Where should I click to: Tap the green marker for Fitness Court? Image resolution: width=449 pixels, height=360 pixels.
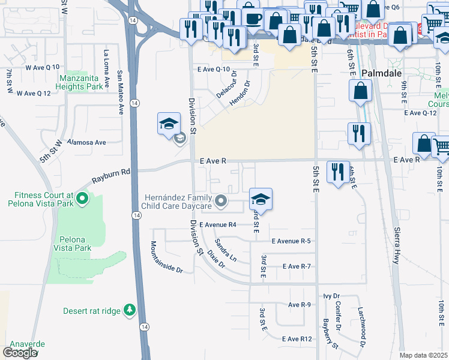(x=82, y=197)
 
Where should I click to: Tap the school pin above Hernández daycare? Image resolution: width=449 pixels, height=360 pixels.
(x=261, y=199)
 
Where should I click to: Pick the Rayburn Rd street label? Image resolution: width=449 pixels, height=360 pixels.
(x=111, y=176)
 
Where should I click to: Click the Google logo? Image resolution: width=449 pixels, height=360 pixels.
(x=20, y=353)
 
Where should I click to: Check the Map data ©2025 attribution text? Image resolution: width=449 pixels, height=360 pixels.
(x=423, y=355)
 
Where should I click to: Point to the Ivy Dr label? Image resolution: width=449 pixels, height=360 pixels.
(x=331, y=296)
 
